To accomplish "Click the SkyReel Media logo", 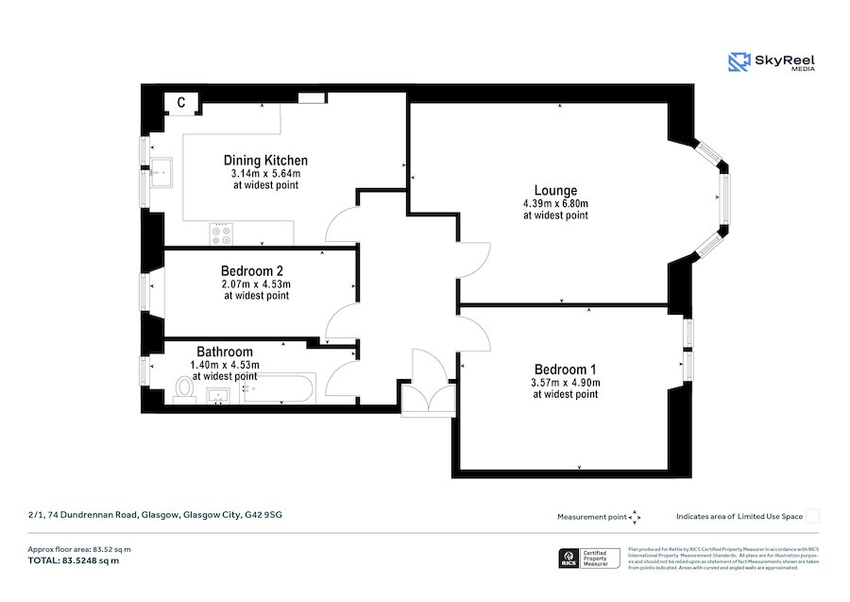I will (x=771, y=62).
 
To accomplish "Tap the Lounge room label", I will (x=555, y=190).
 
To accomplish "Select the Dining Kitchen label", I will (x=265, y=161).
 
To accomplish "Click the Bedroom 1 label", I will (x=565, y=369).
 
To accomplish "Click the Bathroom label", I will (x=225, y=352).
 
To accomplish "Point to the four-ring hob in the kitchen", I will (x=222, y=233).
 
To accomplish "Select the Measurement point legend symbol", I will (x=635, y=517).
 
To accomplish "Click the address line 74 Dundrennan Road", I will (x=155, y=515).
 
